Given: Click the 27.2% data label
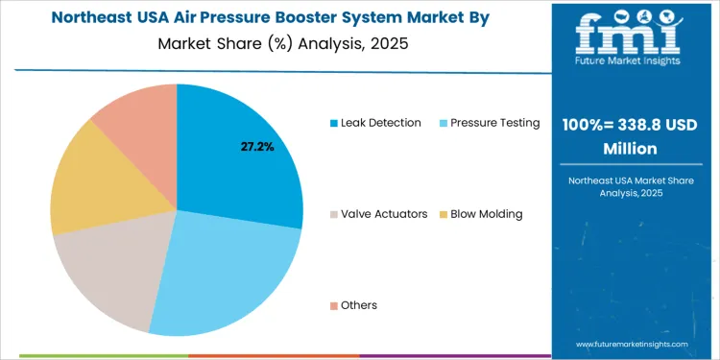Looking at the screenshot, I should pos(257,147).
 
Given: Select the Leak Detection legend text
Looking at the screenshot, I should pos(381,123).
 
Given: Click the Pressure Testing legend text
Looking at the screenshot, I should pos(494,123).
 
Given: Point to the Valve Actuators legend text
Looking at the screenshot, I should pos(384,214).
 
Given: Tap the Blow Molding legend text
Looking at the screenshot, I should pos(486,214).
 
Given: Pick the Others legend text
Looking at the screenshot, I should pos(359,305).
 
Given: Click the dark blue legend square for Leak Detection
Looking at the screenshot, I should pos(334,123).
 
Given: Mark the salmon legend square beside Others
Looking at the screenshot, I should pos(334,305).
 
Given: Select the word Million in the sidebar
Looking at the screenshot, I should pos(630,149).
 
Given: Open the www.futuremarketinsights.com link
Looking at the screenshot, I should pos(632,344).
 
